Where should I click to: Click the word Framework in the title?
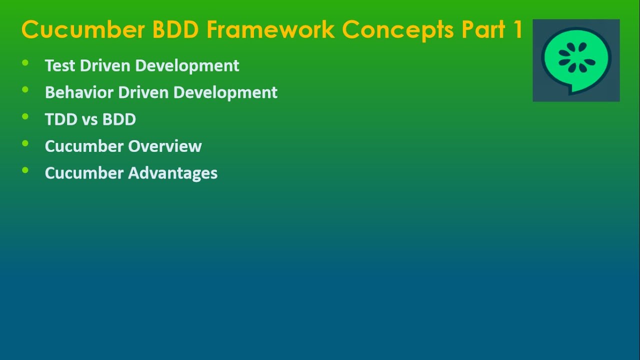(x=270, y=30)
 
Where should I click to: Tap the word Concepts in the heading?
(x=397, y=30)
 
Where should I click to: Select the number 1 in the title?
(x=516, y=30)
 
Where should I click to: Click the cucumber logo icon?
(x=576, y=60)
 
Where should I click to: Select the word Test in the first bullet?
(x=60, y=65)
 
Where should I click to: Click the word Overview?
(x=165, y=146)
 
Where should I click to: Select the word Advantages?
(x=173, y=173)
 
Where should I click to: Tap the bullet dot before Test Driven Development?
(x=25, y=63)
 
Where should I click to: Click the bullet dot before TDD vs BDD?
(x=25, y=117)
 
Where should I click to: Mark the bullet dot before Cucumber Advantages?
(x=25, y=170)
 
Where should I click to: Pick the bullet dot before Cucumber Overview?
(x=25, y=143)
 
